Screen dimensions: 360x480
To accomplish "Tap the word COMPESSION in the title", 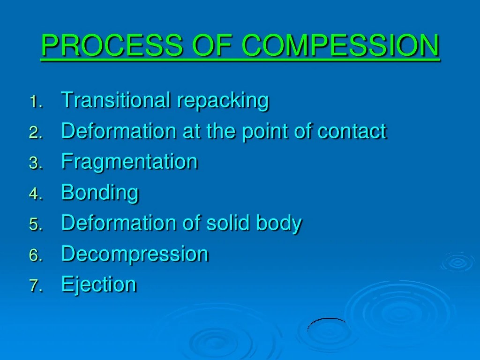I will click(341, 45).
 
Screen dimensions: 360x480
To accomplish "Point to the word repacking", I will click(223, 101).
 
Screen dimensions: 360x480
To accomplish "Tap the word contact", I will click(352, 131).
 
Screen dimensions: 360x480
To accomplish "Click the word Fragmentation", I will click(129, 162).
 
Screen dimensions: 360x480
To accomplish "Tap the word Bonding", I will click(100, 193).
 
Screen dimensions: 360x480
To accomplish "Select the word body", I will click(278, 224).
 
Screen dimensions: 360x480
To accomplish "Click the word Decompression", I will click(135, 255).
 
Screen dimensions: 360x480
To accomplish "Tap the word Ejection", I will click(99, 285).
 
